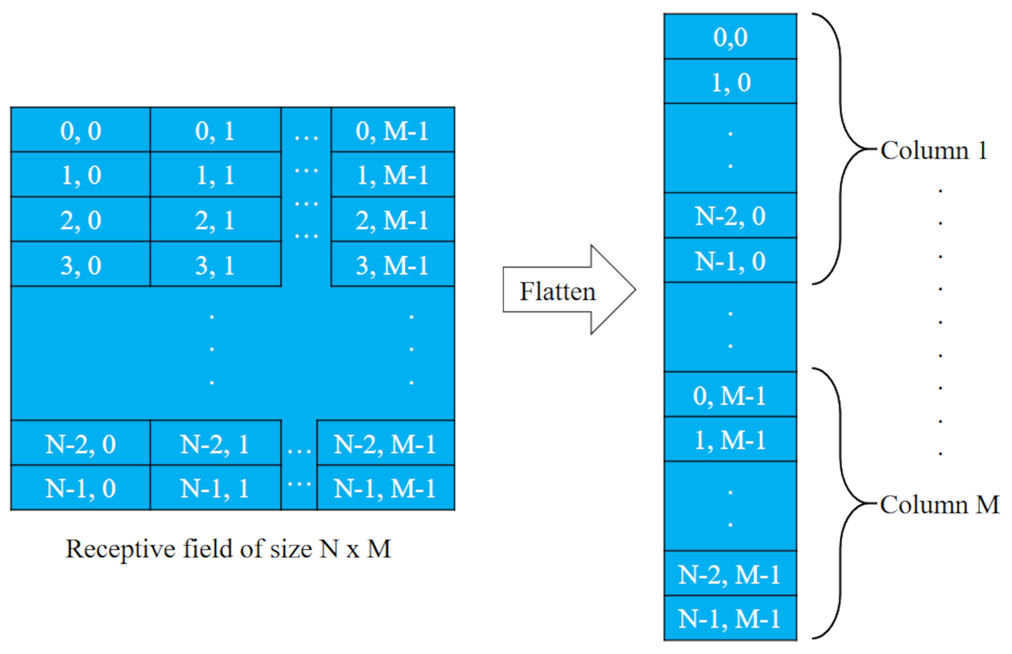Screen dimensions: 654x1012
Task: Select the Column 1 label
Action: [933, 150]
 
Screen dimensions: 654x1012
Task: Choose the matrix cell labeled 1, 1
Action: [215, 174]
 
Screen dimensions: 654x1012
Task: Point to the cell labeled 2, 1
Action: [215, 220]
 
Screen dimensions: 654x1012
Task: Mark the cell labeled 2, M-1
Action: [392, 220]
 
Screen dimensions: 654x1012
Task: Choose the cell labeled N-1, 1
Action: [215, 488]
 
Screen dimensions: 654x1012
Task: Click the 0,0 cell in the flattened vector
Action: [730, 36]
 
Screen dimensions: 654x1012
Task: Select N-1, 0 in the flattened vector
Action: [730, 260]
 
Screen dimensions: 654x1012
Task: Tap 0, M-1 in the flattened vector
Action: [730, 395]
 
